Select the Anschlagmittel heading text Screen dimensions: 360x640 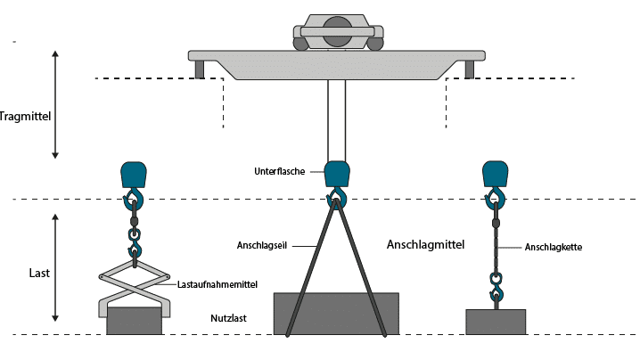[425, 242]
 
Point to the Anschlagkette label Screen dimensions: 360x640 [554, 247]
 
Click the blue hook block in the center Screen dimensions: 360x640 [337, 174]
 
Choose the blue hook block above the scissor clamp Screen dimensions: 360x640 [134, 174]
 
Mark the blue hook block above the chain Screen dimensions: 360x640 [496, 174]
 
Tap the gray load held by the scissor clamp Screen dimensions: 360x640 [134, 321]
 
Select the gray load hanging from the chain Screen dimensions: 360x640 [496, 322]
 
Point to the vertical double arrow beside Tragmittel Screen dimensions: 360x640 [55, 104]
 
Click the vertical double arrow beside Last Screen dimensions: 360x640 [55, 267]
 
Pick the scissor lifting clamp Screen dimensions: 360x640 [134, 285]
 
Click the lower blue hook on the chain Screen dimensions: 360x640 [496, 290]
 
